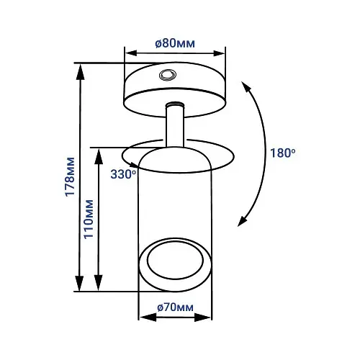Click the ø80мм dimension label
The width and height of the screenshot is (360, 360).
[x=175, y=43]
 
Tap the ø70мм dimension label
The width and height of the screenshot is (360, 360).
[x=175, y=307]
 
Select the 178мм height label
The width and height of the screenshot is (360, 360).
[x=70, y=177]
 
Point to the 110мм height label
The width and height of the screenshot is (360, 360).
[x=88, y=219]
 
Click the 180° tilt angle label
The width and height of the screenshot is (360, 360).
[x=283, y=153]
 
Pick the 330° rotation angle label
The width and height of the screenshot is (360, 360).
[x=123, y=174]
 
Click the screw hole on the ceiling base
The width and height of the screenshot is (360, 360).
[x=168, y=75]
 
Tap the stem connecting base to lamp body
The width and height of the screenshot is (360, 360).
[x=175, y=125]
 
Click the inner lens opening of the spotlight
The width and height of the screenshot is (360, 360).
[x=175, y=260]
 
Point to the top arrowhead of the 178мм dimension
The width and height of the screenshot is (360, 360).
[x=81, y=71]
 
